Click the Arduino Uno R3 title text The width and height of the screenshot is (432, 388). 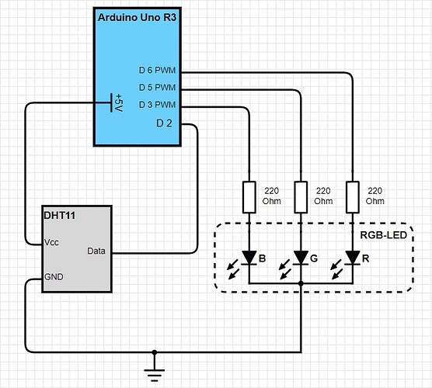137,17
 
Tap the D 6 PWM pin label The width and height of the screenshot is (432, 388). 157,70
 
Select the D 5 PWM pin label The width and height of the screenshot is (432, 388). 157,88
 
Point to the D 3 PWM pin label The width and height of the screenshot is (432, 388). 157,105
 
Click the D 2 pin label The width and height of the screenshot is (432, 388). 164,123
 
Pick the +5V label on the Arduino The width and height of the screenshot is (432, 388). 119,102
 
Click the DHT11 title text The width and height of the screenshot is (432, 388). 60,216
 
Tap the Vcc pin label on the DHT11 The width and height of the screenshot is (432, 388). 51,242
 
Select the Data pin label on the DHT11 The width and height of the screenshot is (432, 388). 96,251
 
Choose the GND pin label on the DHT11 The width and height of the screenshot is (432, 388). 54,277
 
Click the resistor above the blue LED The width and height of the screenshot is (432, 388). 249,197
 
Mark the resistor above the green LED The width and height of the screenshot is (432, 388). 301,197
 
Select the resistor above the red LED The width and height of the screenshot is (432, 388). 353,197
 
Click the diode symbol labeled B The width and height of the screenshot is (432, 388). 249,258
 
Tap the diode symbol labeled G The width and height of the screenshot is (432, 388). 301,258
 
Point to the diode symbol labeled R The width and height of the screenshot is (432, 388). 353,258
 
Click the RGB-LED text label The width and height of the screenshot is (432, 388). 384,235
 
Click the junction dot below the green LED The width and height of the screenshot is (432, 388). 301,283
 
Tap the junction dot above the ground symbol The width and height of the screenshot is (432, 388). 155,352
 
